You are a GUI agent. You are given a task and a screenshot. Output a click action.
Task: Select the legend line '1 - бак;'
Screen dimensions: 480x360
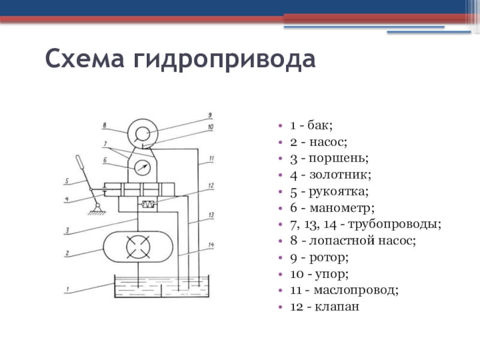[x=311, y=125]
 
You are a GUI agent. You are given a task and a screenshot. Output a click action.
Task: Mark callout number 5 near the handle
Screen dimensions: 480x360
[x=67, y=180]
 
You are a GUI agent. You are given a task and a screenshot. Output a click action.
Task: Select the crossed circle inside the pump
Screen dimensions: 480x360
[x=139, y=247]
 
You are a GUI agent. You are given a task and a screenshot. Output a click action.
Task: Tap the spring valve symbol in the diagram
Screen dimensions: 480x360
[x=147, y=205]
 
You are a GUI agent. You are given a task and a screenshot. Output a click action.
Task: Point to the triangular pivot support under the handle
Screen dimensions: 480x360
[x=93, y=208]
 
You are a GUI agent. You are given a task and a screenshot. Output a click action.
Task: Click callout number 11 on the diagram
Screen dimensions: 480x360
[x=211, y=159]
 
